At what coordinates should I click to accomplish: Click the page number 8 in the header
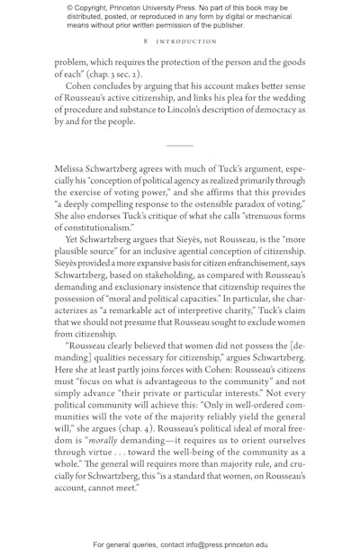click(145, 41)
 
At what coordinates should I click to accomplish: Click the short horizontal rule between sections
click(179, 145)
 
